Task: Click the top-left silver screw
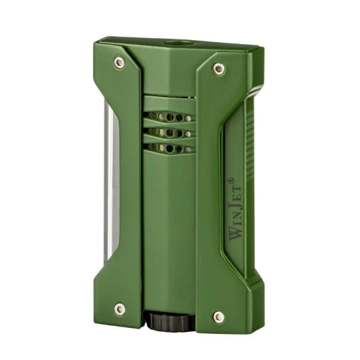tap(119, 62)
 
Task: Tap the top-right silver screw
tap(219, 69)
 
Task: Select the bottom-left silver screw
tap(120, 308)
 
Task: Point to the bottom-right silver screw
tap(219, 317)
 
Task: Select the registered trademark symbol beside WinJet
tap(231, 180)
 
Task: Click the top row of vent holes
tap(171, 117)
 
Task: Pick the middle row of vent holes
tap(171, 132)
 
